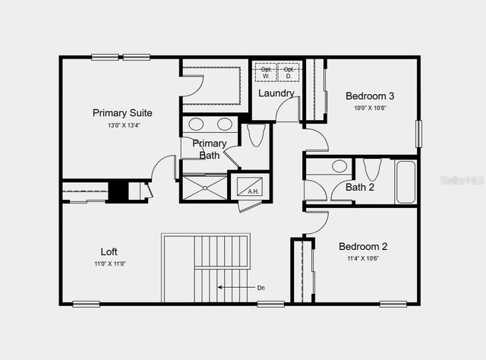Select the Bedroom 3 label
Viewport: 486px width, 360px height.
[370, 96]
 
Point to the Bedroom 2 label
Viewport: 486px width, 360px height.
[363, 246]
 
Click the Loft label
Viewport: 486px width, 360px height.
[109, 251]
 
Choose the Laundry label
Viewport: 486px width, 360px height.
[276, 93]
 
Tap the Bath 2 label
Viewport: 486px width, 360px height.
[360, 187]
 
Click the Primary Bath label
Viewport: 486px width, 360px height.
[209, 149]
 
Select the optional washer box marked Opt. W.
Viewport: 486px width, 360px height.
[266, 73]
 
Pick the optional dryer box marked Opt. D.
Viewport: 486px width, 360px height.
[288, 73]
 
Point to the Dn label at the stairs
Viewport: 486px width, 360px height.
[260, 288]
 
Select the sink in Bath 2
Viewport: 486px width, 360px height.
[339, 166]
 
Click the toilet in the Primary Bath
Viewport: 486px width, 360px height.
[255, 135]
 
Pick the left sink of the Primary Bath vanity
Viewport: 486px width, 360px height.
[195, 125]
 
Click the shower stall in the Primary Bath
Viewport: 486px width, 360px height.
[204, 188]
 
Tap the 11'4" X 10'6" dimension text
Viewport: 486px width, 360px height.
[363, 258]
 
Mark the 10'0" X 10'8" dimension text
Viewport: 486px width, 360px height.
[370, 108]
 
